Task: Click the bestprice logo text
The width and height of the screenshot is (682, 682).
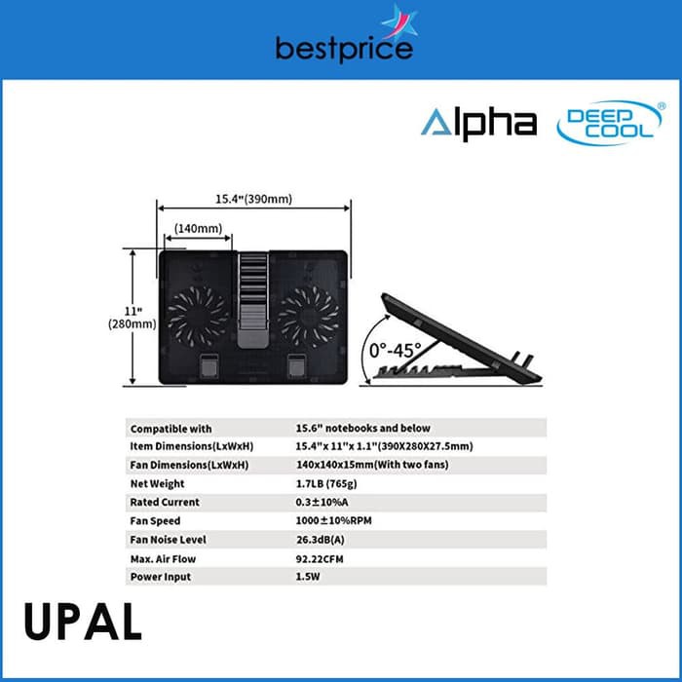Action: (344, 47)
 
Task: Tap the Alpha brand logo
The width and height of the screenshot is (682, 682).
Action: (478, 123)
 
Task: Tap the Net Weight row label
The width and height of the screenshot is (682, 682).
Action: (157, 483)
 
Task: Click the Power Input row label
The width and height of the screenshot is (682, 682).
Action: (160, 577)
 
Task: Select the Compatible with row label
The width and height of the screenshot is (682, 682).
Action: (170, 428)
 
